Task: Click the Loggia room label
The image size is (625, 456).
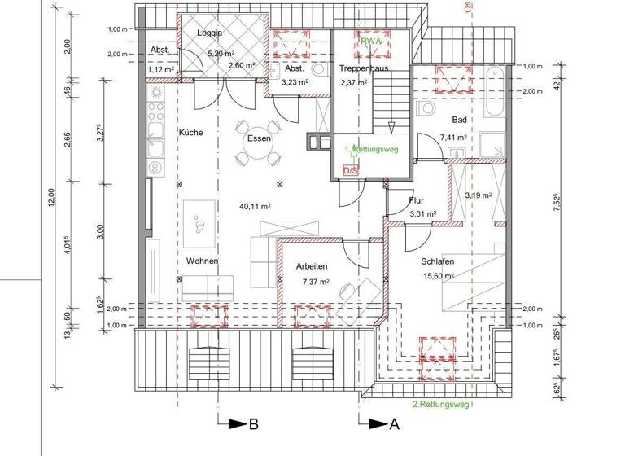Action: coord(210,34)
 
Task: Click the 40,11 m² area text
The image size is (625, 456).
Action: coord(254,206)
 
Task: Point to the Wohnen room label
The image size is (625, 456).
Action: coord(201,261)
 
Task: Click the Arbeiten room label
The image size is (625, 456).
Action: coord(312,266)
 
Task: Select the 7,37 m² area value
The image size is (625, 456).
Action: coord(315,282)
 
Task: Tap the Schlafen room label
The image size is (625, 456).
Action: coord(437,261)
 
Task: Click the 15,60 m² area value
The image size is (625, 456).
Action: coord(439,276)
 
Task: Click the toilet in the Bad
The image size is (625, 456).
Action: coord(425,109)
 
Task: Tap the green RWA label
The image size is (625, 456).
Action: coord(372,40)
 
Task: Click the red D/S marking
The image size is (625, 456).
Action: coord(351,171)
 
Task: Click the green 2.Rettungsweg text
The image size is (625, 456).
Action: coord(439,403)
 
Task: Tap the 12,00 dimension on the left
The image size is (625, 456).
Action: coord(50,199)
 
